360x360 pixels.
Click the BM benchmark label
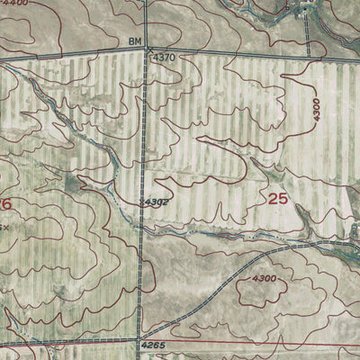pos(135,42)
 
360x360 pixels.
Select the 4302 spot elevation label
pos(156,202)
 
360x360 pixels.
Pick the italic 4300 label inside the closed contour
pos(265,279)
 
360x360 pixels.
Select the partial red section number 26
pos(5,205)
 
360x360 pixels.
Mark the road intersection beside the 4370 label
pos(147,49)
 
